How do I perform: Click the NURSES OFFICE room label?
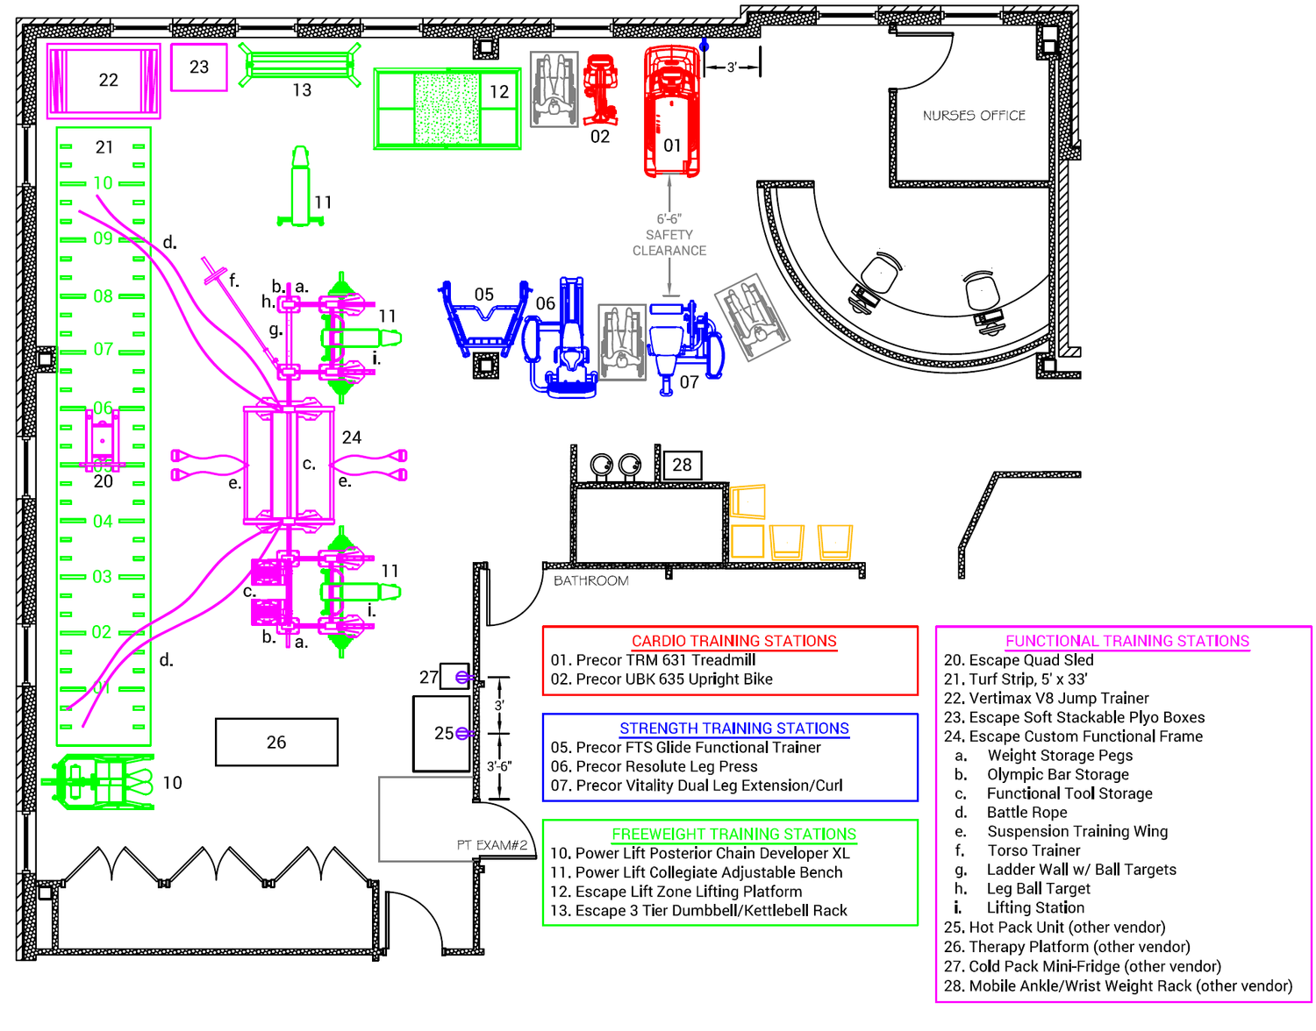[974, 116]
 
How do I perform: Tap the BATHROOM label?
[590, 580]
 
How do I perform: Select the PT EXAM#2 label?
[491, 845]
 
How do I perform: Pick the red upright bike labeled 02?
[601, 88]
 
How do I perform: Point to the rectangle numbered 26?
[276, 742]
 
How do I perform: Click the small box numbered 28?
[683, 465]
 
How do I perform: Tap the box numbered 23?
[199, 67]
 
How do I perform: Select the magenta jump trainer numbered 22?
[104, 80]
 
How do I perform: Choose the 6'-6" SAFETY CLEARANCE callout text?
[669, 235]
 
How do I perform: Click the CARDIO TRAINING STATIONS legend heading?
[733, 641]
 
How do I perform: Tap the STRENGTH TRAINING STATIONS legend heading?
[733, 729]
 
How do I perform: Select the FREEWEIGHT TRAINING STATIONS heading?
[733, 834]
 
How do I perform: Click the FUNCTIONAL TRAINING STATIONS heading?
[1126, 641]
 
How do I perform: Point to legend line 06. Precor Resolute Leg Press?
[654, 766]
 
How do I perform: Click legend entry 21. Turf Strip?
[1015, 679]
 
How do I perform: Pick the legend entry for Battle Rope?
[1026, 813]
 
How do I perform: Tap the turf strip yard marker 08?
[103, 296]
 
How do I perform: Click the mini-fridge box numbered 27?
[453, 676]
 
